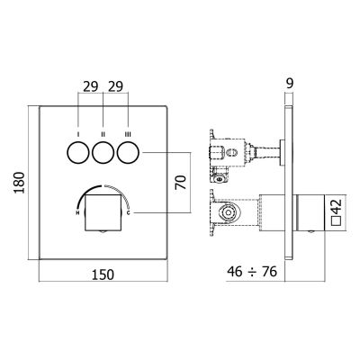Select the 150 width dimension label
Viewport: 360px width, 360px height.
point(104,275)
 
